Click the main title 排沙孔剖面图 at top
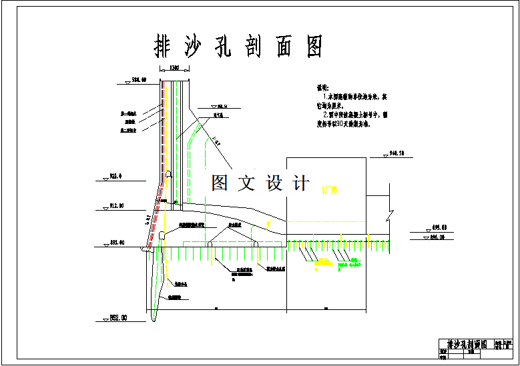tap(238, 47)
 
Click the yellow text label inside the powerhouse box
tap(330, 191)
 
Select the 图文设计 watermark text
tap(260, 183)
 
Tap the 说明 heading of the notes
tap(323, 87)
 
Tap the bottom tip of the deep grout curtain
tap(153, 321)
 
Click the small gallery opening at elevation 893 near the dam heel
tap(162, 234)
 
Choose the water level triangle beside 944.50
tap(386, 156)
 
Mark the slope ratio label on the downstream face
tap(217, 141)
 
